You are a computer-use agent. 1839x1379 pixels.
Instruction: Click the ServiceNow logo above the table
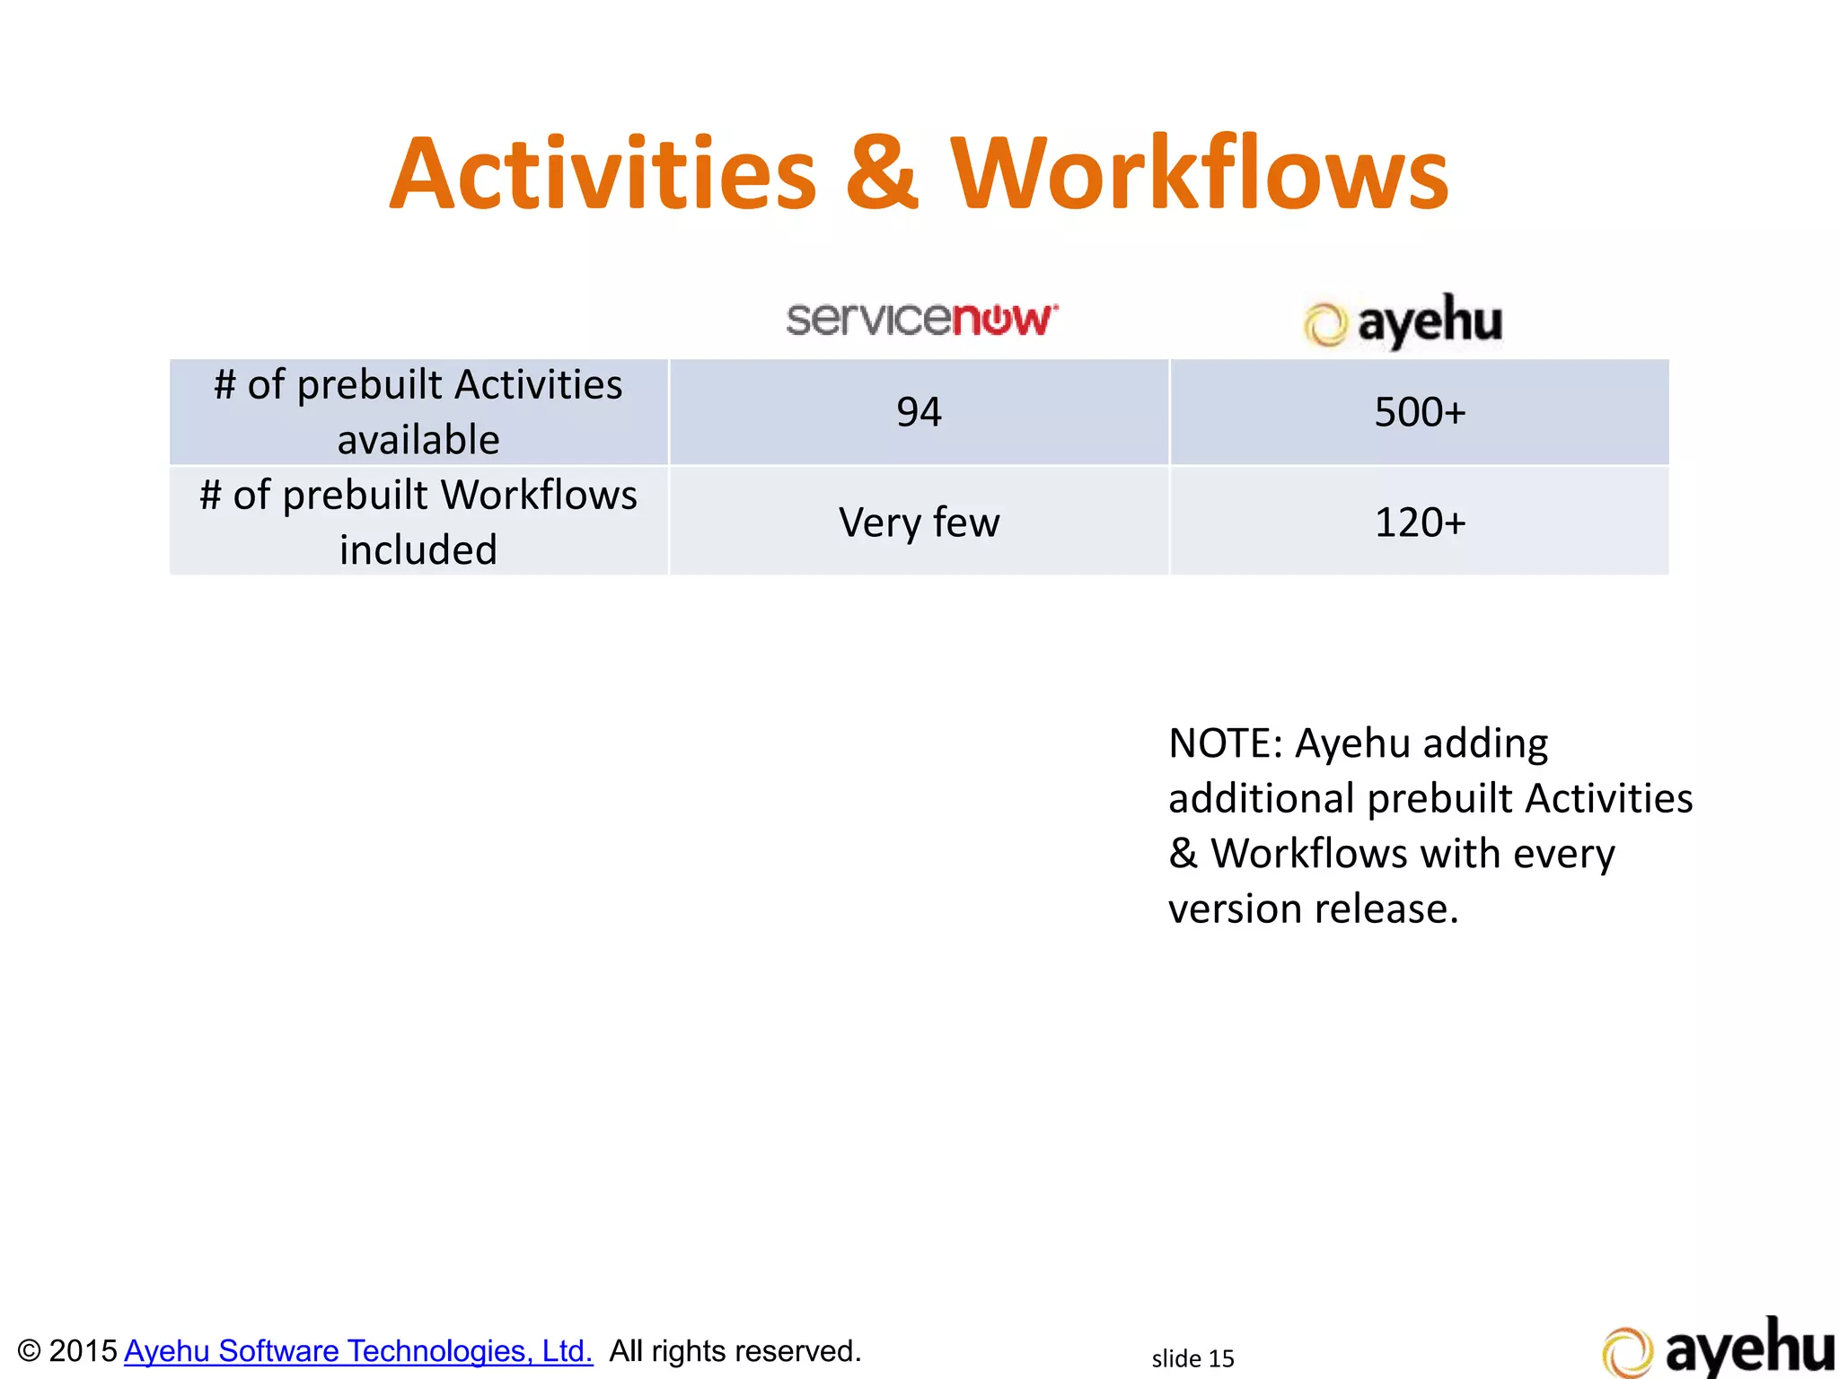tap(922, 320)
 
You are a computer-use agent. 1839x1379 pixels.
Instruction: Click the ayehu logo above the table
tap(1403, 321)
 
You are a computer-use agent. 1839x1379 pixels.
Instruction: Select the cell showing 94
tap(919, 412)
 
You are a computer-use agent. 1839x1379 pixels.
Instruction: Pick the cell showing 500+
tap(1420, 412)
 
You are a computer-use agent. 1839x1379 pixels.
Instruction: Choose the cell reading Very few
tap(919, 522)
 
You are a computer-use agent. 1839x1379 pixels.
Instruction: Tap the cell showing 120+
tap(1420, 522)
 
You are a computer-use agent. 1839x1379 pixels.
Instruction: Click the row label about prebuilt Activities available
tap(418, 412)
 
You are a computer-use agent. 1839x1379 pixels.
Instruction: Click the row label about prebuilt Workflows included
tap(418, 522)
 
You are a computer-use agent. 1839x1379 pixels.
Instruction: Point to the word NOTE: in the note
tap(1226, 743)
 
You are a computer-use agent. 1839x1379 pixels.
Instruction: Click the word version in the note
tap(1235, 909)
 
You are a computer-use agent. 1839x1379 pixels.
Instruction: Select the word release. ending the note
tap(1387, 909)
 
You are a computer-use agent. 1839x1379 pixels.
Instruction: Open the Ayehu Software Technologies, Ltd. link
tap(358, 1350)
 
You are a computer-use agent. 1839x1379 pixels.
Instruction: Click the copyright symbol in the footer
tap(29, 1351)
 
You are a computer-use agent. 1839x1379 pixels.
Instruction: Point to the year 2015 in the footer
tap(83, 1350)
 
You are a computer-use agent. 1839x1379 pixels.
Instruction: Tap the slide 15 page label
tap(1192, 1358)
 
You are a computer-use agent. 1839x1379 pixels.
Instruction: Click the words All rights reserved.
tap(735, 1350)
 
